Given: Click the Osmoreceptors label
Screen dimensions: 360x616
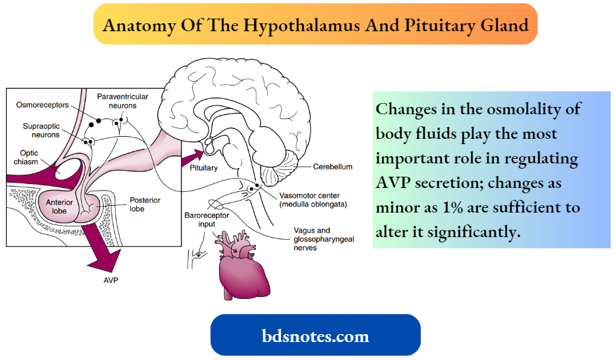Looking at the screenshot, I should coord(41,106).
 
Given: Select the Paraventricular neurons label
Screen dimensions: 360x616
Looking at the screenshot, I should coord(122,101).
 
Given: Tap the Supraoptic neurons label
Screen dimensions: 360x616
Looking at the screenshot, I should coord(40,130).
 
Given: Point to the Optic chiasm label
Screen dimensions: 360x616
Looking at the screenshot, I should coord(29,157).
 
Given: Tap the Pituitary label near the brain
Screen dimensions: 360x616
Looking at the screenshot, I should coord(203,168).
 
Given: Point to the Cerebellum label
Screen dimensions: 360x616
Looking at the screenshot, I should coord(332,167).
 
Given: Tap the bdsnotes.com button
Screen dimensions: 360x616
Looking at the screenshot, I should coord(316,335).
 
